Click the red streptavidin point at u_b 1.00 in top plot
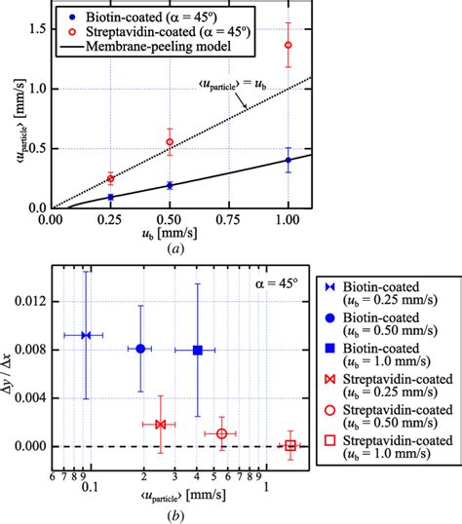tap(288, 45)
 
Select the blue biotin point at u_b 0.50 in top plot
tap(170, 185)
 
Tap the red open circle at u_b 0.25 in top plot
tap(110, 178)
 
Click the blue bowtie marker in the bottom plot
tap(86, 335)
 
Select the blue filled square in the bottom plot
tap(198, 350)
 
